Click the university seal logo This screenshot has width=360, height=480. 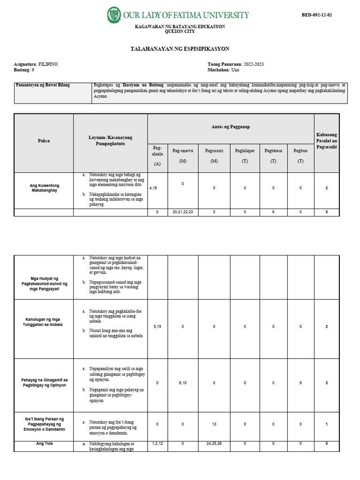point(114,15)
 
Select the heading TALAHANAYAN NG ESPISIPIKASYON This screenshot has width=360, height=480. point(180,49)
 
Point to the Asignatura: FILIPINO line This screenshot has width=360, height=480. point(36,64)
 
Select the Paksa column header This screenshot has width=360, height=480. point(44,141)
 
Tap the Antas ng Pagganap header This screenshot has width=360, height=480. point(231,127)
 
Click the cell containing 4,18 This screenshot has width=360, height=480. point(153,188)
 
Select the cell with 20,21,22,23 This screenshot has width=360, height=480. point(183,212)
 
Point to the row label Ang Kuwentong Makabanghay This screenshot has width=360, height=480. point(44,188)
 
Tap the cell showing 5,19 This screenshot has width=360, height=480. point(157,326)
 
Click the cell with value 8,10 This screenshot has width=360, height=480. point(183,383)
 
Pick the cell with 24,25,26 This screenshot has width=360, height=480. point(214,443)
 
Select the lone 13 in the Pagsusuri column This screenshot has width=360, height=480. point(214,424)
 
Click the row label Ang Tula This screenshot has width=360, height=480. point(44,443)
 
